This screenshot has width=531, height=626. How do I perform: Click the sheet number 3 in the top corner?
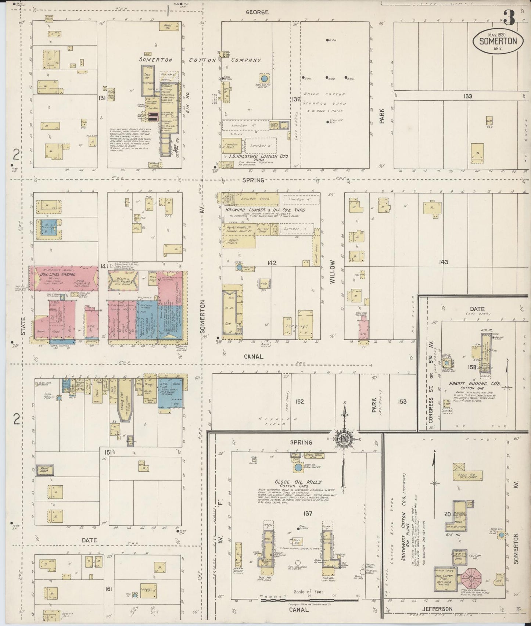[509, 17]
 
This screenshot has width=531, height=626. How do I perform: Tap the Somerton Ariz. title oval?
[498, 41]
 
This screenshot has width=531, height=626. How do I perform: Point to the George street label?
[257, 12]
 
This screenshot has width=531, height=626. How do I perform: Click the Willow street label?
[333, 271]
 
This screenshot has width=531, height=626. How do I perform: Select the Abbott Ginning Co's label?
[474, 383]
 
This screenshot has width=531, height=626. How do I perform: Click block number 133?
[467, 96]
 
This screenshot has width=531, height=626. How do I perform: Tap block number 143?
[443, 262]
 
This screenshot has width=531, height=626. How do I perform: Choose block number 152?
[299, 401]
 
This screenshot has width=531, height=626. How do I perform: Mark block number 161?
[108, 589]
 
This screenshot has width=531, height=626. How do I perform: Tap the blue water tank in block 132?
[263, 78]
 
